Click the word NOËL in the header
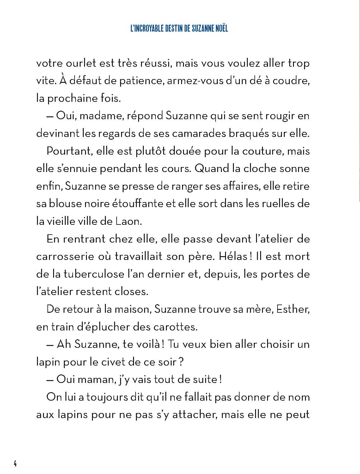point(219,28)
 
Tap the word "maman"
point(95,379)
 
